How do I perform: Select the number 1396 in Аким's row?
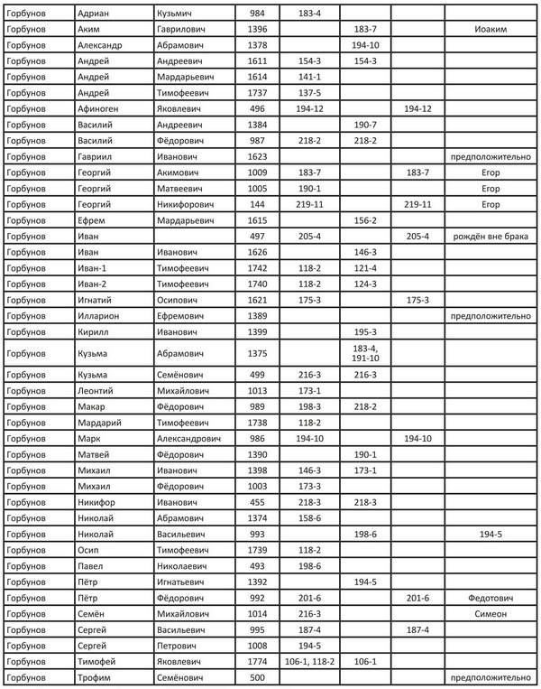(258, 30)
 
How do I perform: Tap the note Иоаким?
(490, 30)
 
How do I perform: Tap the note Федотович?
(490, 597)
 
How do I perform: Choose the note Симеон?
(490, 613)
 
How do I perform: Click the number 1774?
(258, 660)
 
